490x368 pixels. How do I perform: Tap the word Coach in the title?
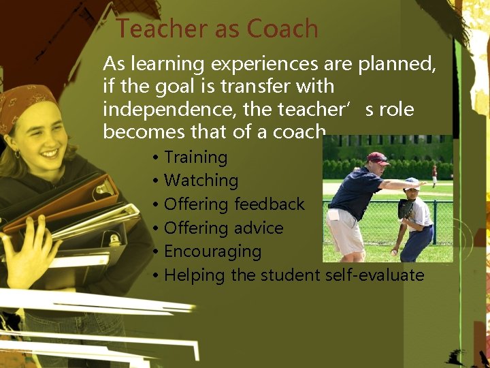point(282,29)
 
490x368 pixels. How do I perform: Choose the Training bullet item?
point(195,157)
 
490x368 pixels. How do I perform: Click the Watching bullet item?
point(201,181)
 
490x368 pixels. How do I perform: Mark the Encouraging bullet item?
point(212,251)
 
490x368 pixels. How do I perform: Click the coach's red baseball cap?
point(376,158)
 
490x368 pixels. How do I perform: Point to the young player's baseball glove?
point(406,209)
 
